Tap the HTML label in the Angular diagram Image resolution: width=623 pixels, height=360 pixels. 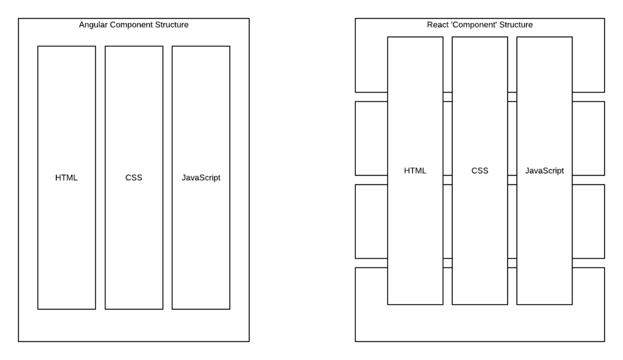tap(66, 178)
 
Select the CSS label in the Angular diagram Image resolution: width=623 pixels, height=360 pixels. tap(134, 178)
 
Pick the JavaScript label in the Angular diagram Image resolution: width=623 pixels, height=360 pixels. tap(201, 178)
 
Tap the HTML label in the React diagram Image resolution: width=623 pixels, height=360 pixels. tap(415, 171)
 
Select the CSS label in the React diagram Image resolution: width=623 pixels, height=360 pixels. tap(479, 171)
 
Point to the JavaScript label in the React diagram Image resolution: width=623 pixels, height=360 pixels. tap(545, 171)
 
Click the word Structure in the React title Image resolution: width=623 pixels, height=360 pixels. tap(516, 25)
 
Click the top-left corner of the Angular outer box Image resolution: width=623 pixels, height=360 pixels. tap(18, 18)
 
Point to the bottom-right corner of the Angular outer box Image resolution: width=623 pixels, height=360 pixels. tap(249, 341)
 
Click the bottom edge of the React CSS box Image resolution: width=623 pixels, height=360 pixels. tap(479, 304)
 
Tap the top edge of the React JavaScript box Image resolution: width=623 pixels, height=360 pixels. tap(545, 37)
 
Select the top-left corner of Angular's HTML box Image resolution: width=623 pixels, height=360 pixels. tap(38, 46)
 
